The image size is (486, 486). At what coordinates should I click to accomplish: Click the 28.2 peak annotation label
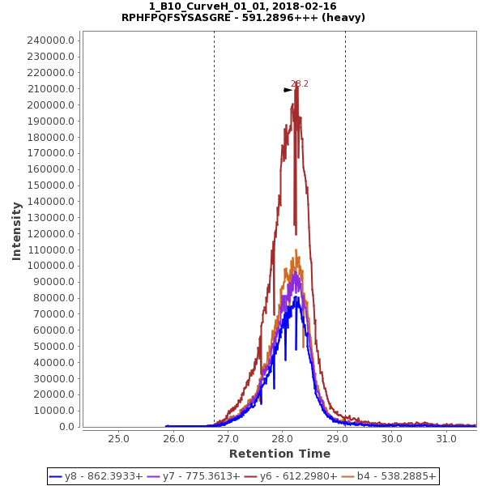(x=300, y=84)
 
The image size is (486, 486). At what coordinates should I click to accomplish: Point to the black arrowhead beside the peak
(x=288, y=90)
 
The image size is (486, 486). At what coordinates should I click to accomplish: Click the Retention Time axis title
(x=279, y=454)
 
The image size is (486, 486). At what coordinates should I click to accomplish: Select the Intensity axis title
(x=16, y=231)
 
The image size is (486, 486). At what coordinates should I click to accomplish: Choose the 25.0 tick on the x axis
(x=119, y=438)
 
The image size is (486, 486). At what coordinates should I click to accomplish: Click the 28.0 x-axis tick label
(x=283, y=438)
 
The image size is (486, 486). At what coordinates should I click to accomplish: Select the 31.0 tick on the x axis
(x=446, y=438)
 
